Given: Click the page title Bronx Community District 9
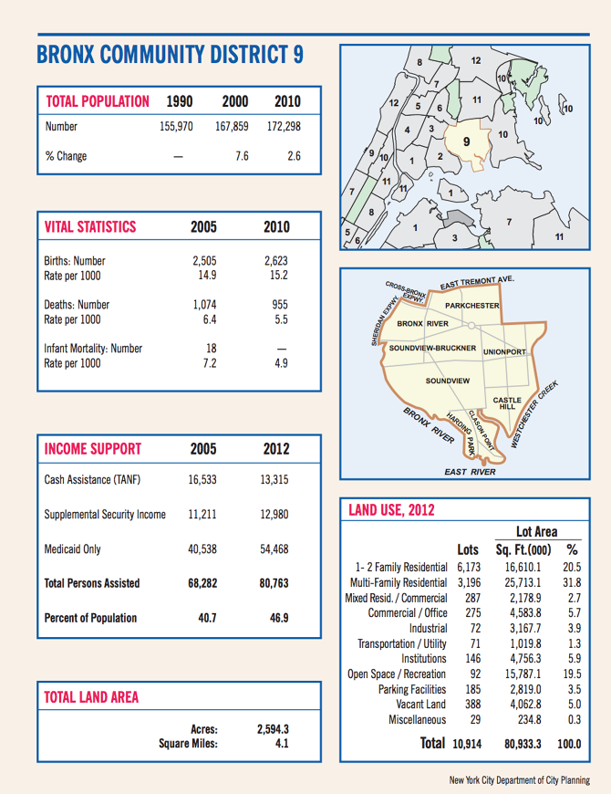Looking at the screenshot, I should [170, 54].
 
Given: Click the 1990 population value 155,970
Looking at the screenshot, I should [176, 127].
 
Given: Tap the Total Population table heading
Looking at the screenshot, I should [98, 101].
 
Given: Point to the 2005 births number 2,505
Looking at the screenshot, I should [203, 260].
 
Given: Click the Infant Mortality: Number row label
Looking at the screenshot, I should [93, 349].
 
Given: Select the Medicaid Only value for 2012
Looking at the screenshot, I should [274, 549].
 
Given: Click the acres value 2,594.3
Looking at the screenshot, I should [274, 729].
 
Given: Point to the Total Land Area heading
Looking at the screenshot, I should [91, 697].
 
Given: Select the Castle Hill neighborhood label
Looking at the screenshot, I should [507, 403].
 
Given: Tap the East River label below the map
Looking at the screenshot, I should [470, 472].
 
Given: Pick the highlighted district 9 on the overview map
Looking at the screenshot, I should [466, 142].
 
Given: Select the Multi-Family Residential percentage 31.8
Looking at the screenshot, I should [572, 582].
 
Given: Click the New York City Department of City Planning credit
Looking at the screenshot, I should [519, 780].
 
